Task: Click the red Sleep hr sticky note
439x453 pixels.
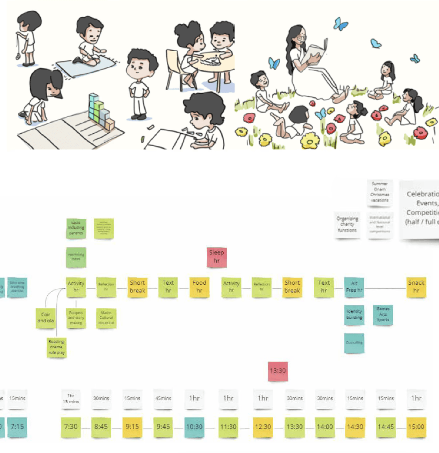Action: (x=217, y=257)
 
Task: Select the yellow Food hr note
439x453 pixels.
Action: (x=199, y=287)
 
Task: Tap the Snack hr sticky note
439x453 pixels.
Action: (x=416, y=287)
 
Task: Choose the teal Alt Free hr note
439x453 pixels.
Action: (x=354, y=287)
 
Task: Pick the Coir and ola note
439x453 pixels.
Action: (x=45, y=318)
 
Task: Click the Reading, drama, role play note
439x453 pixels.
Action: (x=56, y=347)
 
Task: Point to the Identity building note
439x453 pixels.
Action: (x=354, y=315)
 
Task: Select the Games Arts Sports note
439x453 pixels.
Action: (x=383, y=315)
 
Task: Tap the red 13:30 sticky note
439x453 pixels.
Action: (x=278, y=371)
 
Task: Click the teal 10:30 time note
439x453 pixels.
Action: (x=194, y=427)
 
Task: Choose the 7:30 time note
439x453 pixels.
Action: (x=71, y=427)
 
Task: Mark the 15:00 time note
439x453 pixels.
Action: (x=416, y=427)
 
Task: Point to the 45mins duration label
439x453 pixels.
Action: (x=163, y=398)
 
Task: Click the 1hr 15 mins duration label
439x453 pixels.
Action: (x=71, y=399)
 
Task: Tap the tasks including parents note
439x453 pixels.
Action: (x=76, y=228)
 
